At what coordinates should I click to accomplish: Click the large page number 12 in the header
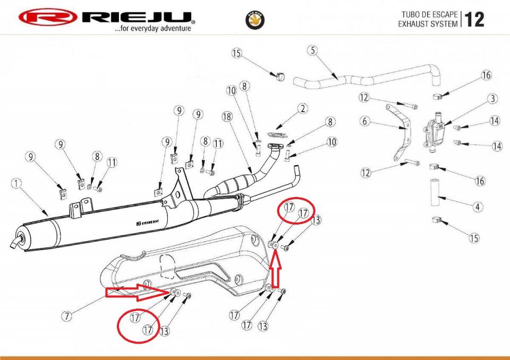point(474,19)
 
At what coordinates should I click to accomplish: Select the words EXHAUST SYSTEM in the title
point(428,24)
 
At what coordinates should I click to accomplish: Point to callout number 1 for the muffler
point(17,184)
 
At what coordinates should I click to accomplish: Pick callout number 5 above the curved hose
point(313,51)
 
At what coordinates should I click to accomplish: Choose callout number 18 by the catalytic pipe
point(227,116)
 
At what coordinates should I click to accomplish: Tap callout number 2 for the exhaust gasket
point(302,109)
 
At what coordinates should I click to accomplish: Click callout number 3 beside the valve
point(493,99)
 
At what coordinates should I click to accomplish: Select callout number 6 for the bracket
point(364,121)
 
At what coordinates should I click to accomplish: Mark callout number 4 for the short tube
point(478,207)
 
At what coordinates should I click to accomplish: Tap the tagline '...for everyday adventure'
point(152,29)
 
